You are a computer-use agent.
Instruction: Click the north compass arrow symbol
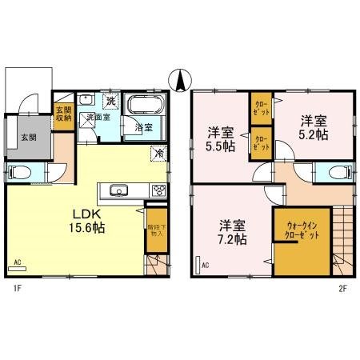(x=180, y=81)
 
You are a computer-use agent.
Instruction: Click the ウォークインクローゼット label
(x=302, y=237)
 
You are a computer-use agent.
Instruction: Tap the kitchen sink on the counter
(x=119, y=190)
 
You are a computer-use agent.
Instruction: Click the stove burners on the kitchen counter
(x=158, y=190)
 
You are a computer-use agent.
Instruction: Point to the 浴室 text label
(x=143, y=127)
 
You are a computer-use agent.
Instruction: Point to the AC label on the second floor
(x=205, y=265)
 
